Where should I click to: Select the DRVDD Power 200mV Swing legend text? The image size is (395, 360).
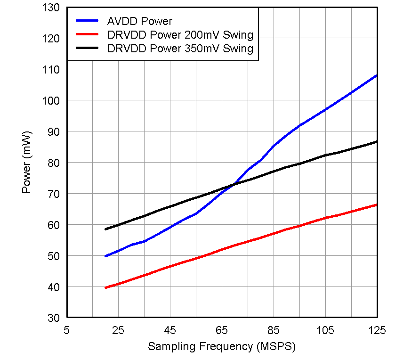point(180,35)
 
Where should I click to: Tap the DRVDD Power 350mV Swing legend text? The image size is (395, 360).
point(180,49)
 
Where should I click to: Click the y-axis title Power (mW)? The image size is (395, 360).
point(27,163)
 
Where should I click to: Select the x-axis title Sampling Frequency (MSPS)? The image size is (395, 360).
point(222,347)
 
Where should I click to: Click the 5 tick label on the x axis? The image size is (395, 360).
point(67,330)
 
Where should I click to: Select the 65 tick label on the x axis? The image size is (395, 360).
point(222,330)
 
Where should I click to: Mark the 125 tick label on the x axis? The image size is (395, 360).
point(376,330)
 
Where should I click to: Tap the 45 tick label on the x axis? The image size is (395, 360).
point(170,330)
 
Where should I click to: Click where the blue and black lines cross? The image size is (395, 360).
point(233,185)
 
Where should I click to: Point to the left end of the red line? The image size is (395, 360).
point(105,287)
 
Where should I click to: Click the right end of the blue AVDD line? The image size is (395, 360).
point(377,75)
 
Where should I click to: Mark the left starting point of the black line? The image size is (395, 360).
point(105,229)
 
